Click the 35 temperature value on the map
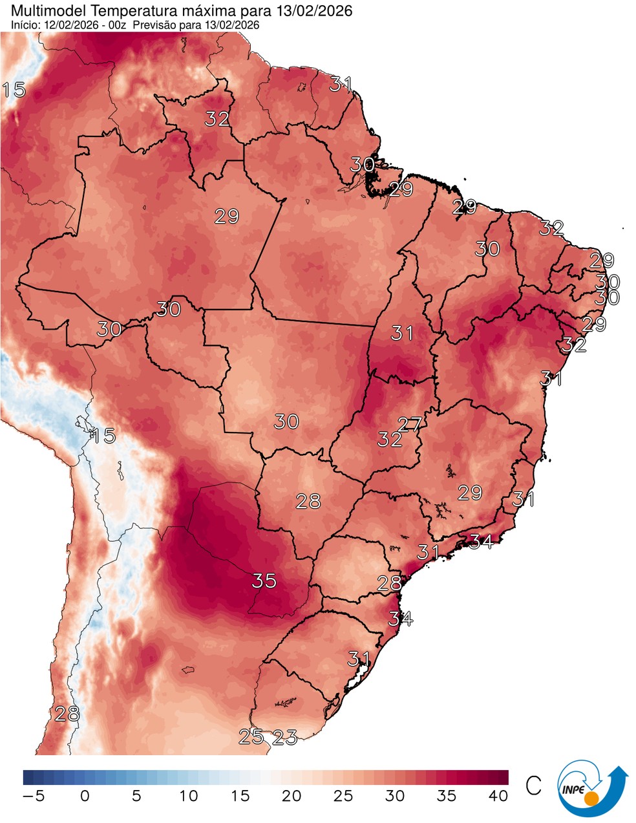(x=264, y=581)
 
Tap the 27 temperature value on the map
(x=409, y=424)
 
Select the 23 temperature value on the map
(x=284, y=736)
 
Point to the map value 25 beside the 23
(x=251, y=736)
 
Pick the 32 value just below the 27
(x=390, y=440)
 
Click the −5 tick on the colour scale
(x=34, y=796)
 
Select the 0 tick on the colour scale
(x=85, y=796)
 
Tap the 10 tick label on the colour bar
(x=188, y=796)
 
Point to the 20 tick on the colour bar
(x=291, y=796)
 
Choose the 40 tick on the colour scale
(x=498, y=796)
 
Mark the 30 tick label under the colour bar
(x=395, y=796)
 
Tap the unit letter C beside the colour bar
(x=533, y=786)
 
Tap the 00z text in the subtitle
(x=120, y=25)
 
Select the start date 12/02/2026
(x=70, y=25)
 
